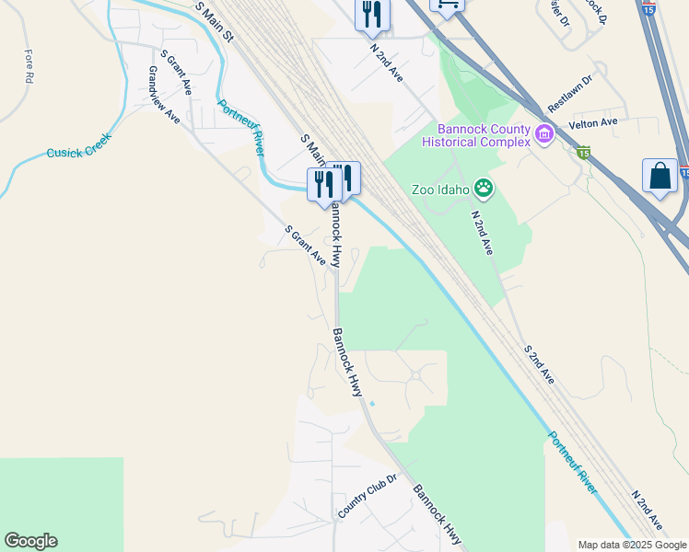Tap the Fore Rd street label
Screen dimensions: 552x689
(29, 67)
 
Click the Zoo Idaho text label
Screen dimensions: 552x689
(441, 190)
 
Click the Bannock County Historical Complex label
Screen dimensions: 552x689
(476, 135)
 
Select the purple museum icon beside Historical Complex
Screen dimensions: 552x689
(543, 136)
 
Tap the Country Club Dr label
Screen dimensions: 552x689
(366, 497)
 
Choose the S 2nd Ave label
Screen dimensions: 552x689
(539, 364)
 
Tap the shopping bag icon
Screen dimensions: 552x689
(660, 176)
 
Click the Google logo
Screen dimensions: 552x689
(30, 541)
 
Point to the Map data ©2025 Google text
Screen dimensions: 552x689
(632, 545)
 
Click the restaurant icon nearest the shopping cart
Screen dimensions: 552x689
(373, 13)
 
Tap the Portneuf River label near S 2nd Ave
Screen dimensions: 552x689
(572, 463)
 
